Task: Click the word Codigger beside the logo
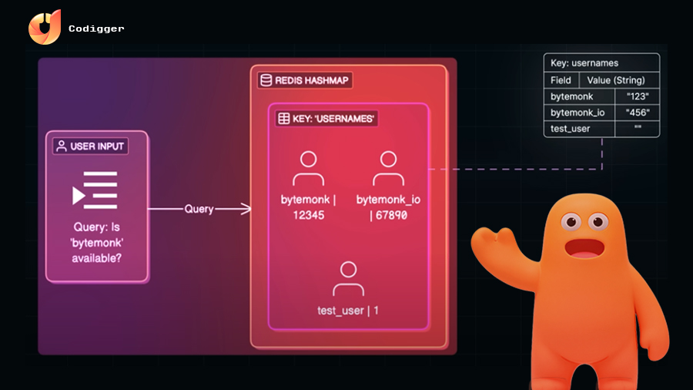(96, 29)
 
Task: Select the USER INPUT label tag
(91, 146)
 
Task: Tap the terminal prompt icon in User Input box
(94, 190)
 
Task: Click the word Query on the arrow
(199, 209)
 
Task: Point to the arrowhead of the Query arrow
(246, 209)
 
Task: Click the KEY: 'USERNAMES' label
(327, 119)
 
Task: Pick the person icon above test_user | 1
(348, 279)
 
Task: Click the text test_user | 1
(348, 311)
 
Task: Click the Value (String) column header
(615, 80)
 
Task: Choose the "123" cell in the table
(638, 96)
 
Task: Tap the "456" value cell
(638, 113)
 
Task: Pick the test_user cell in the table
(571, 129)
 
